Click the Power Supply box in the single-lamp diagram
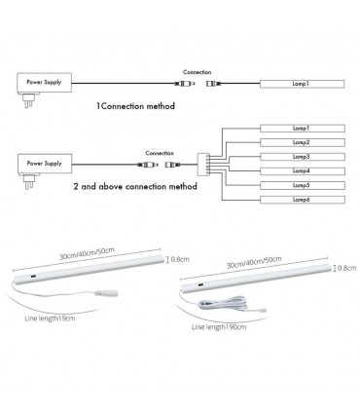(x=45, y=85)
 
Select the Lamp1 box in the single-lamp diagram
(x=300, y=86)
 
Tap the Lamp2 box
(x=300, y=142)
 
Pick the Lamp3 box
(x=300, y=156)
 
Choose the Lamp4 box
(x=300, y=170)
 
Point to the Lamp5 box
(x=300, y=185)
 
